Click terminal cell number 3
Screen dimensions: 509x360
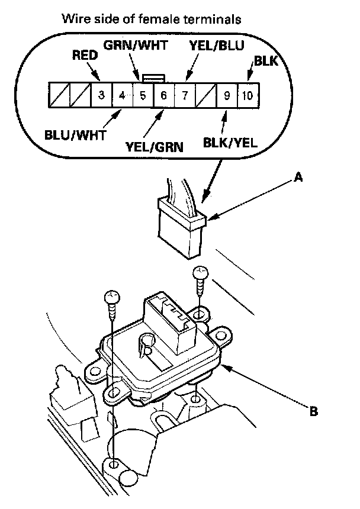tap(101, 95)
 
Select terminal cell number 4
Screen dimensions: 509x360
tap(122, 95)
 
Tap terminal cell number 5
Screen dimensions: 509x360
tap(143, 95)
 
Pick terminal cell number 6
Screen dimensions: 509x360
tap(163, 95)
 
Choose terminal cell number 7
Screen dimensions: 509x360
tap(184, 95)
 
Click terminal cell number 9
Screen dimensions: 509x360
tap(226, 95)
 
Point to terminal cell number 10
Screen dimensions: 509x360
tap(247, 95)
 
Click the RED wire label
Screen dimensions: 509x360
tap(85, 56)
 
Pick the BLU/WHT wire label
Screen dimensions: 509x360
tap(75, 134)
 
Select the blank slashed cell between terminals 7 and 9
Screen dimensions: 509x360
tap(205, 95)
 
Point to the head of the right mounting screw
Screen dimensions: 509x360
tap(200, 273)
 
